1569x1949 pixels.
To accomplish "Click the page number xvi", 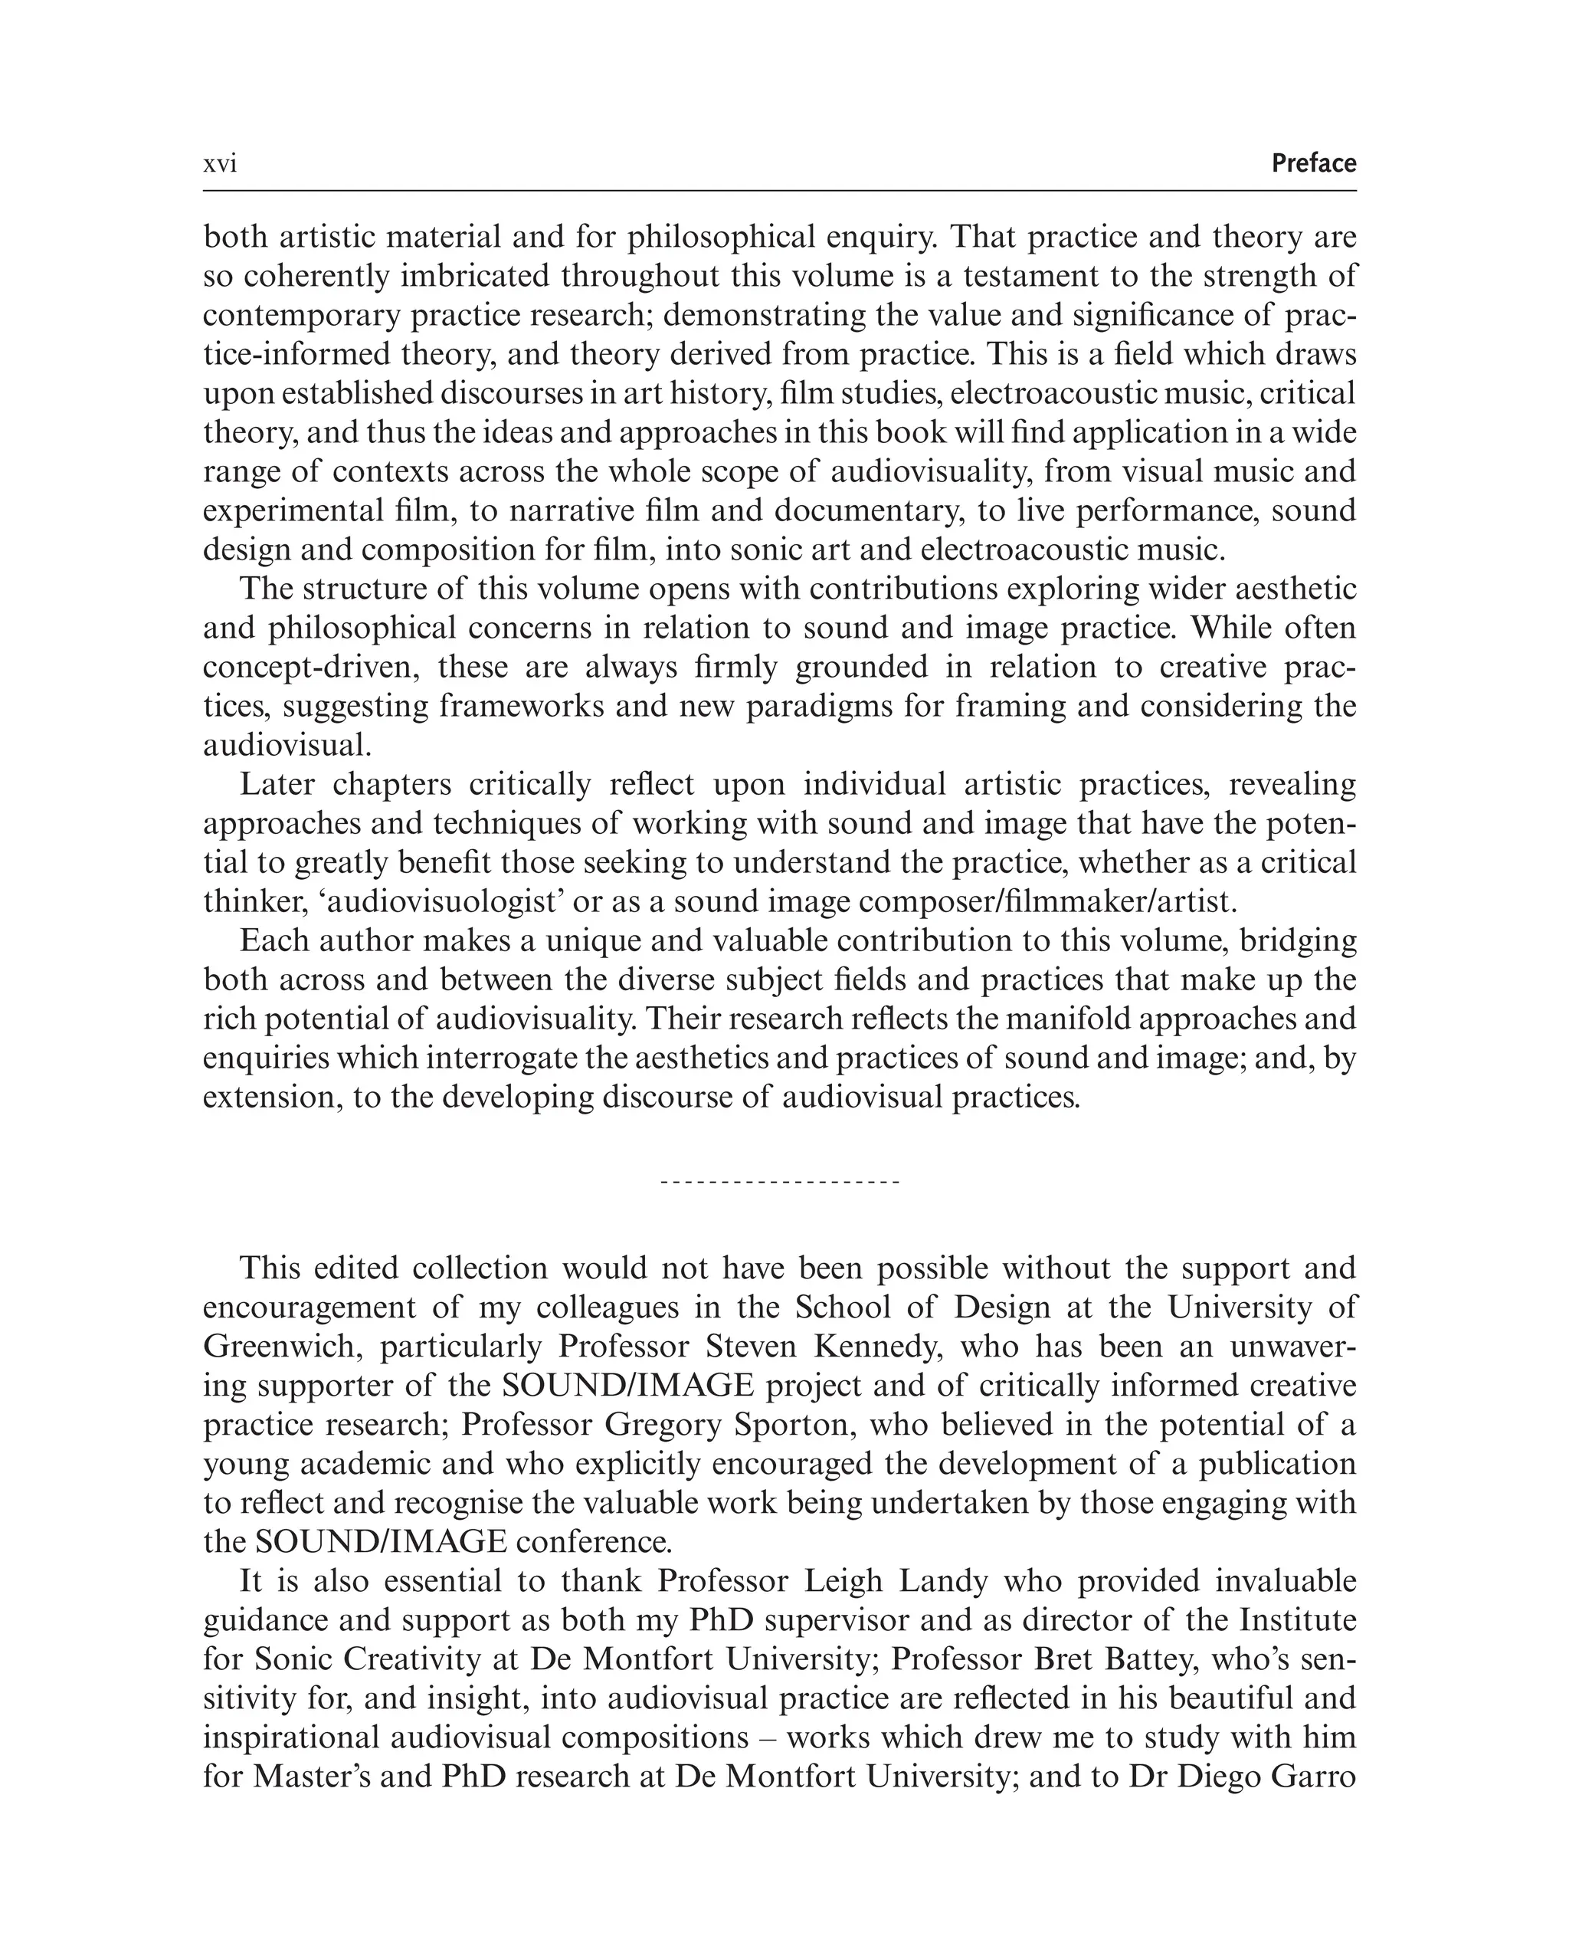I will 220,165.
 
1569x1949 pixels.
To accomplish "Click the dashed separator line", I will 780,1183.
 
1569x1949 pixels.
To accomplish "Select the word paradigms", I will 820,706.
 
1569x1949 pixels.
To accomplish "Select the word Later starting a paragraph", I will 277,785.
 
